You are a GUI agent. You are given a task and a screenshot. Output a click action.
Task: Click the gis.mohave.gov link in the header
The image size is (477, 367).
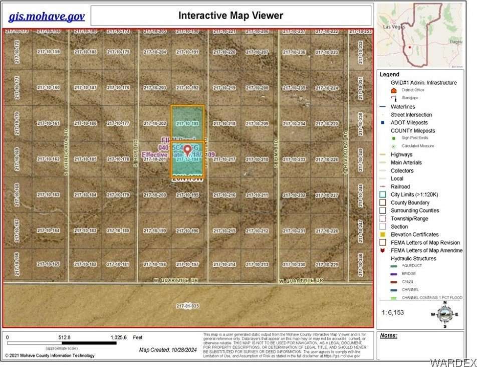(47, 17)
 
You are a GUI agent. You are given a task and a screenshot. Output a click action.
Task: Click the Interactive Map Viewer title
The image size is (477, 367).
(230, 16)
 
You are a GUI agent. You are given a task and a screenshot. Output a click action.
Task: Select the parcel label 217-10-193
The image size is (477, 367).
(188, 123)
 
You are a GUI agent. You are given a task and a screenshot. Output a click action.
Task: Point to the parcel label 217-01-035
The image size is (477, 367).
(188, 306)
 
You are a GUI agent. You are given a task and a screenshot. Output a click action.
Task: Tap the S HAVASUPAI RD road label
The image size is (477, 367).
(345, 153)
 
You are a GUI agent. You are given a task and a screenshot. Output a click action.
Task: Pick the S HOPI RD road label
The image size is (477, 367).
(135, 152)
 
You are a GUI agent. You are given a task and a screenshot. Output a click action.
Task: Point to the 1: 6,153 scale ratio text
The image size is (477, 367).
(393, 312)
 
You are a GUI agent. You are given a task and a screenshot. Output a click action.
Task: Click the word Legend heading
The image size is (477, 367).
(389, 74)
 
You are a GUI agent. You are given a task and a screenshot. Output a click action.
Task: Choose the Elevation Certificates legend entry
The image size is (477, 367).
(414, 235)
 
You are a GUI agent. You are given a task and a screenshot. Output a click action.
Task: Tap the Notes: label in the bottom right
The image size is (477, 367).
(389, 335)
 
